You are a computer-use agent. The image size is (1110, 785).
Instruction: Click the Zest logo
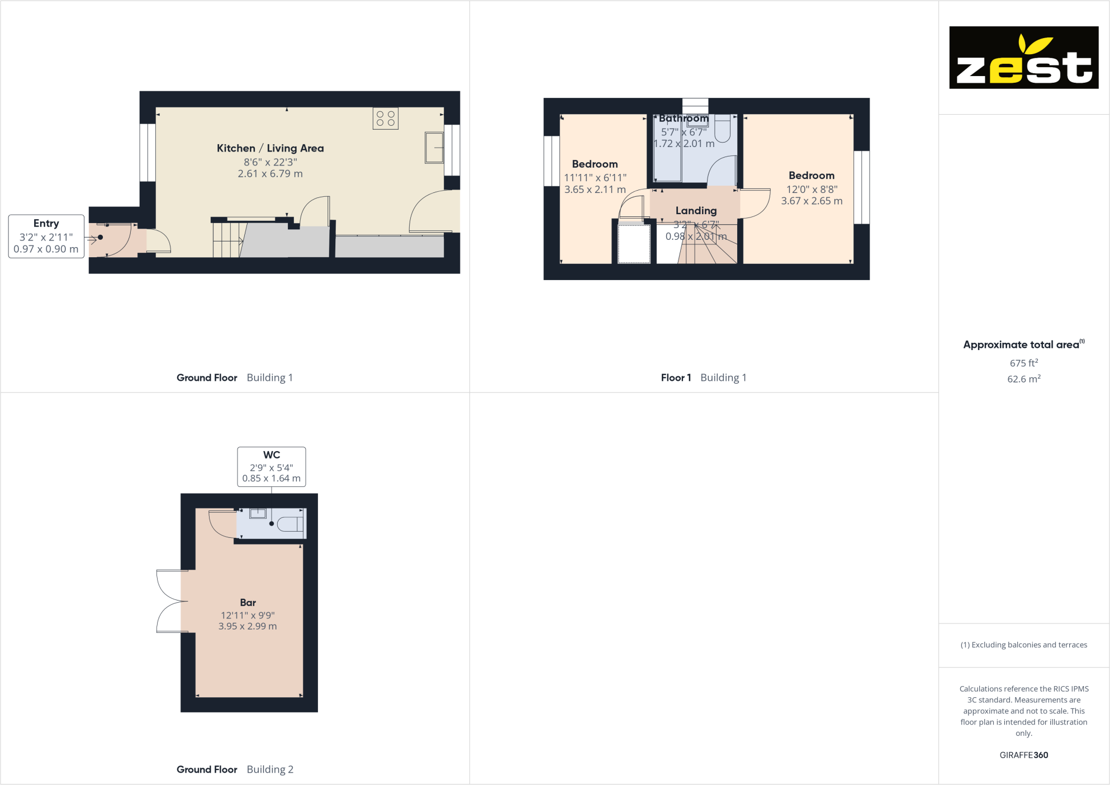[1023, 58]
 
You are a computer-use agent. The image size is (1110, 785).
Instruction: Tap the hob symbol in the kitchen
[386, 119]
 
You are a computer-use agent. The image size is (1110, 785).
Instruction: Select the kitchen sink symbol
[434, 148]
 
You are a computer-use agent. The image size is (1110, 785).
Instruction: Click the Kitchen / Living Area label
[270, 148]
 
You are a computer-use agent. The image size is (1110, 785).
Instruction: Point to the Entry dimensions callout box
[46, 236]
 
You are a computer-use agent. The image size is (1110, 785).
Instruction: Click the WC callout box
[271, 466]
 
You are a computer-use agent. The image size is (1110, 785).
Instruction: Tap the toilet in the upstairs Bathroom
[722, 129]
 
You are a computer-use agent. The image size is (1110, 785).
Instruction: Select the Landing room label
[696, 211]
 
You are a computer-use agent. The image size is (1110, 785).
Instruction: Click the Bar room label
[248, 602]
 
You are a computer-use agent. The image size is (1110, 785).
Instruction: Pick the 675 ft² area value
[1023, 363]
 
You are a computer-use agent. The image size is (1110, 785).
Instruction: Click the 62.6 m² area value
[1023, 379]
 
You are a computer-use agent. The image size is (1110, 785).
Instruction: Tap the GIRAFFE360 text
[1023, 755]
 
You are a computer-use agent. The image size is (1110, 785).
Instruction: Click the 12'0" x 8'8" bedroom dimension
[812, 190]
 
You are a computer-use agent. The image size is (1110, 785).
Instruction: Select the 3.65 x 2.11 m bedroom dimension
[595, 190]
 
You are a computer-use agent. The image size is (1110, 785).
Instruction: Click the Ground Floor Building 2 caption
[235, 769]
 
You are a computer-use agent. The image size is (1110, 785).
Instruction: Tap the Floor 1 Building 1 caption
[703, 377]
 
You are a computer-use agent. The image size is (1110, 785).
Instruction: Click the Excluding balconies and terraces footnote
[1023, 645]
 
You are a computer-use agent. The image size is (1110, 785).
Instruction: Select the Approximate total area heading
[1021, 345]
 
